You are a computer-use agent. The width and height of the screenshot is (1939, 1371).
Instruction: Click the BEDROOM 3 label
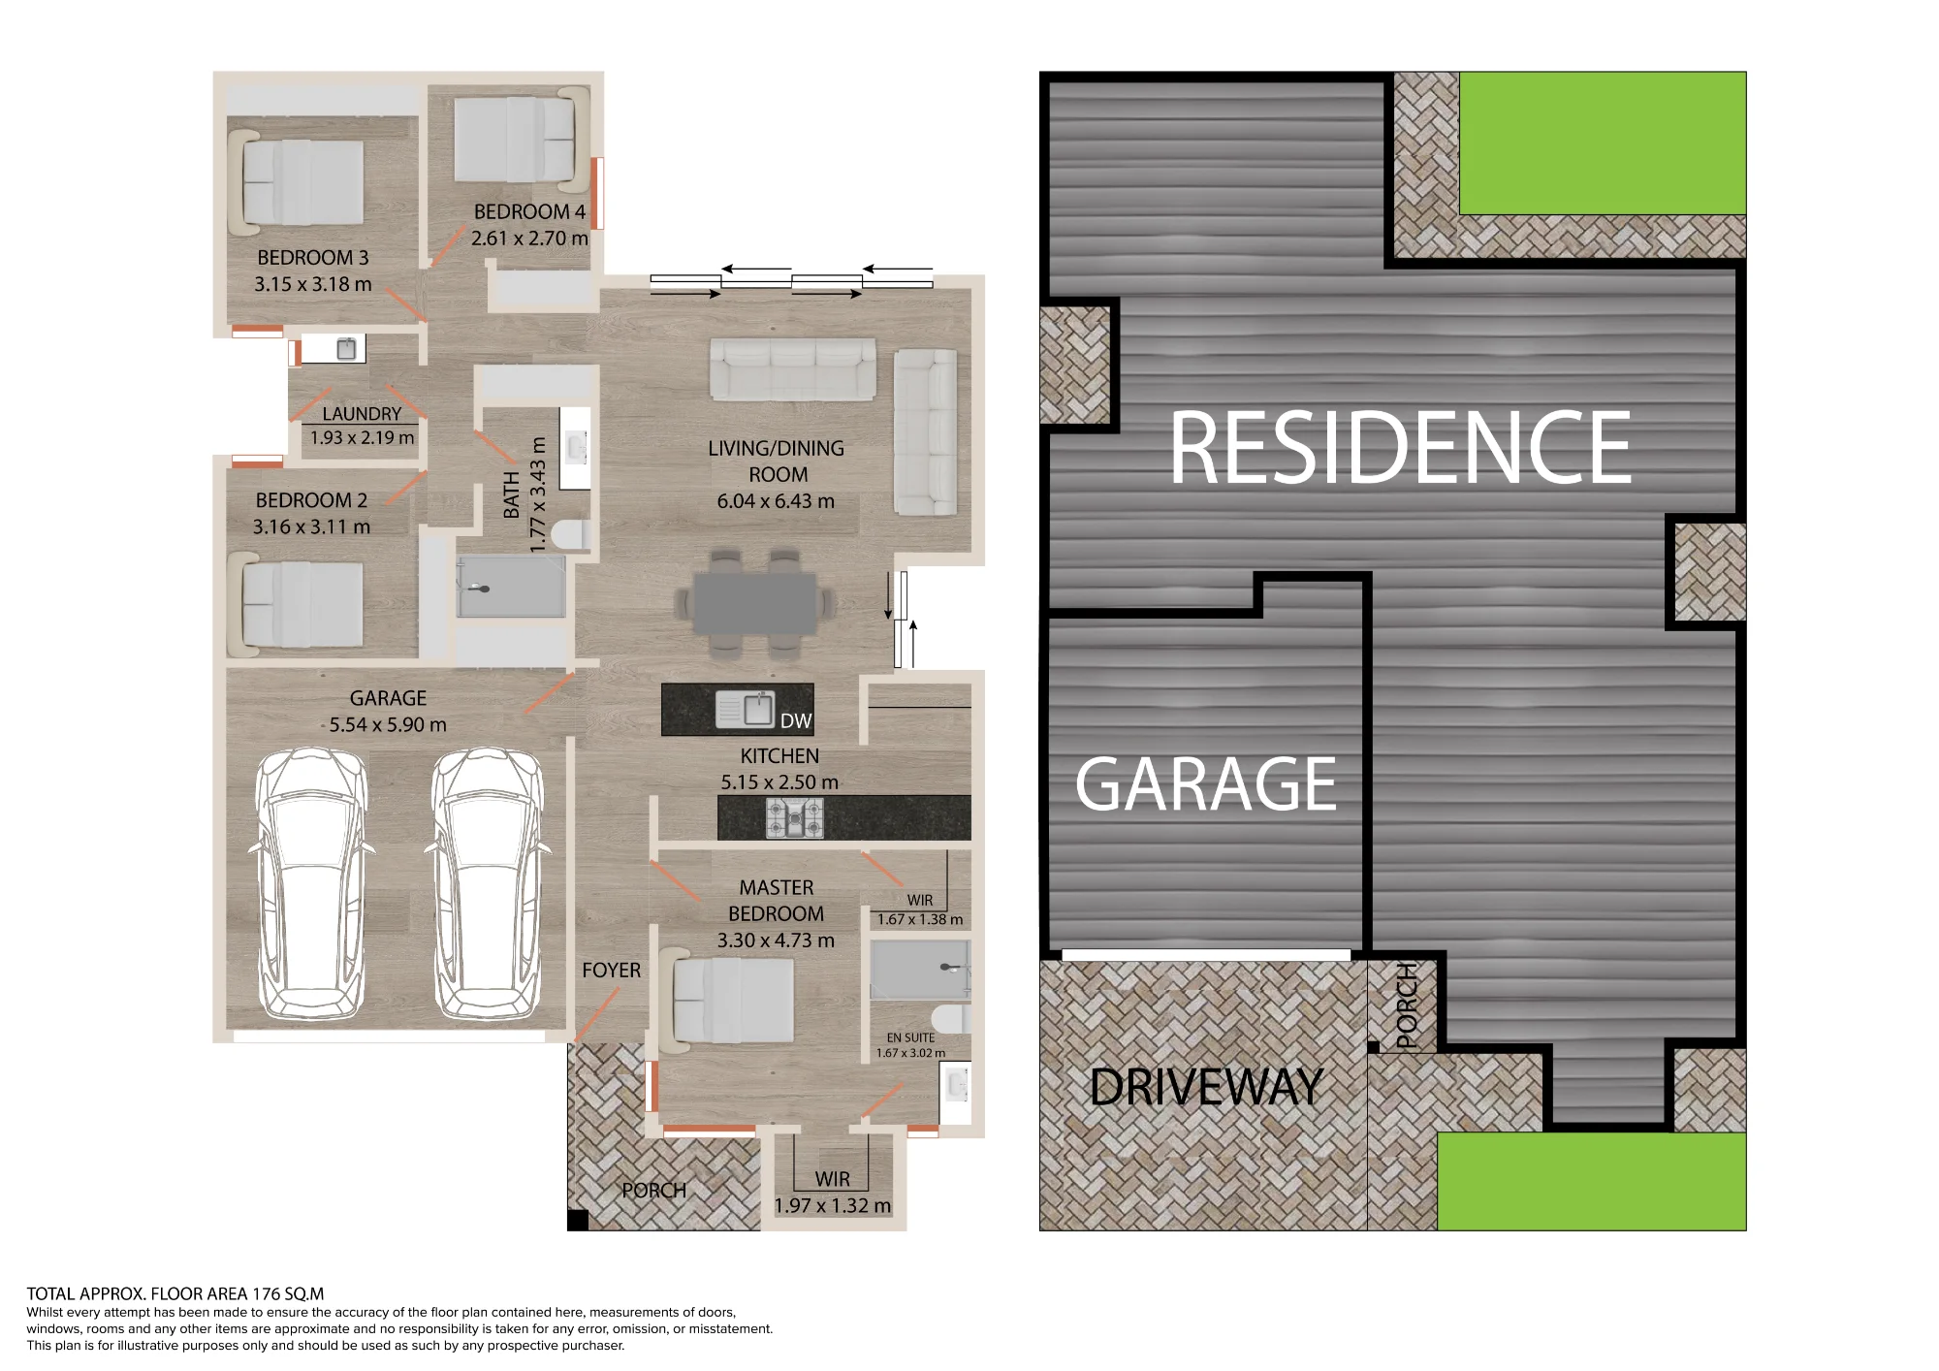[x=313, y=258]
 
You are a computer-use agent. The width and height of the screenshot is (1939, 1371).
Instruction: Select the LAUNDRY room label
[x=362, y=414]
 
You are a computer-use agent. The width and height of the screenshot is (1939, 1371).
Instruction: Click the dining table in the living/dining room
[x=755, y=603]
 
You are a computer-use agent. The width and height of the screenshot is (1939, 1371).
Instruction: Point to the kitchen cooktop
[x=795, y=817]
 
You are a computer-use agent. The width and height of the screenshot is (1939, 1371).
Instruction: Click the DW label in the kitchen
[x=795, y=720]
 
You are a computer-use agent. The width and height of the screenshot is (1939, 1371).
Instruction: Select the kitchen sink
[x=745, y=709]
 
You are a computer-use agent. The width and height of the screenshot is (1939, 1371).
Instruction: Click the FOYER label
[x=611, y=971]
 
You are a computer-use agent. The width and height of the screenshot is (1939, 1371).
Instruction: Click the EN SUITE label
[x=910, y=1037]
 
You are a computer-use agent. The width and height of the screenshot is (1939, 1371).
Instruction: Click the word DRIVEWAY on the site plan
[x=1206, y=1087]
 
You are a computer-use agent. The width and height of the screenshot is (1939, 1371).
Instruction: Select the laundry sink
[x=346, y=349]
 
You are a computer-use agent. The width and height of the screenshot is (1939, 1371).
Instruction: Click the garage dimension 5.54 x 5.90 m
[x=388, y=724]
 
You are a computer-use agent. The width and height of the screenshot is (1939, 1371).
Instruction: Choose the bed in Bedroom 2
[x=296, y=605]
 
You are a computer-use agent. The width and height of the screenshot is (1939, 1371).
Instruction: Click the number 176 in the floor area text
[x=267, y=1293]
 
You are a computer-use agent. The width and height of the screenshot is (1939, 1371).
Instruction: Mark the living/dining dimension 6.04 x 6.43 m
[x=776, y=501]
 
